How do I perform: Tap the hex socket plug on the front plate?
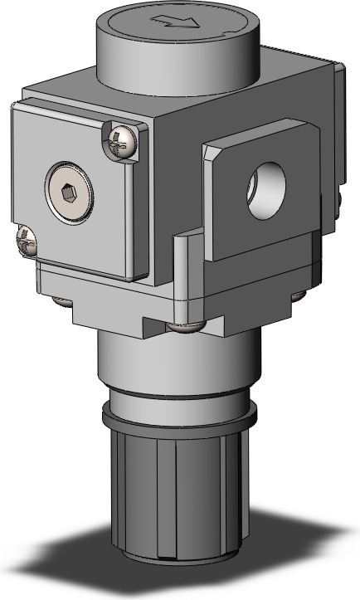(69, 194)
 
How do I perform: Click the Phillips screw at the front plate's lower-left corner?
(26, 241)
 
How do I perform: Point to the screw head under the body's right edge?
(299, 295)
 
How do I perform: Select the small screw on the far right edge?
(340, 198)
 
